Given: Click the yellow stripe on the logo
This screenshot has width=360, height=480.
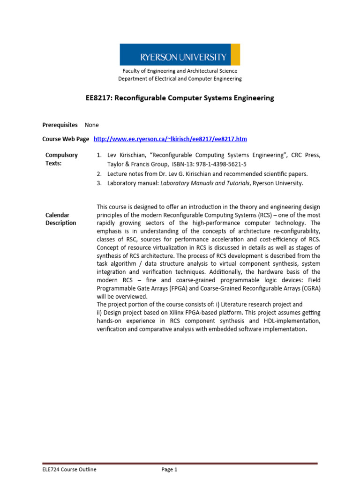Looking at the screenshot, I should [x=235, y=54].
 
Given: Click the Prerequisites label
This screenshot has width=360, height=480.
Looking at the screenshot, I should [x=60, y=125].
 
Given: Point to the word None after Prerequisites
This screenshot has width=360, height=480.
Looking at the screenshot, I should [x=92, y=125].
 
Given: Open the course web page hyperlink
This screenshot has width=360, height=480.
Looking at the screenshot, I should [x=170, y=139].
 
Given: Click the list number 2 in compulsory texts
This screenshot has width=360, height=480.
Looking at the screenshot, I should [x=99, y=173].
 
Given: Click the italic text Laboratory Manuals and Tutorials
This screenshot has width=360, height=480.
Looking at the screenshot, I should [x=204, y=183].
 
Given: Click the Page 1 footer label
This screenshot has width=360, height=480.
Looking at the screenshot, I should [x=170, y=470].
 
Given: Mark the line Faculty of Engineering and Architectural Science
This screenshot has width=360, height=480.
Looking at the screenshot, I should [x=180, y=71].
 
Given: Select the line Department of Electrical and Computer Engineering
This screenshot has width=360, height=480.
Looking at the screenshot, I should [x=180, y=79].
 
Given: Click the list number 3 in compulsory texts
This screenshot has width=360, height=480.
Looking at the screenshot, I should [x=99, y=183].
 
